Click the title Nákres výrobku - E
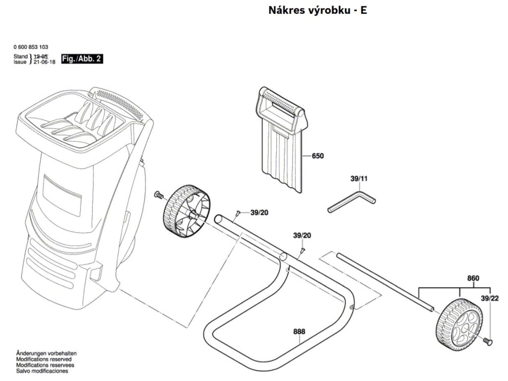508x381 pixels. tap(317, 10)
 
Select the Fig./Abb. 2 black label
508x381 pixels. tap(81, 59)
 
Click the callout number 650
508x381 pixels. tap(317, 156)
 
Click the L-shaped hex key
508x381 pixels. tap(352, 203)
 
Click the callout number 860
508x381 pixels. tap(473, 278)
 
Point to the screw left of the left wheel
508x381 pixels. tap(159, 194)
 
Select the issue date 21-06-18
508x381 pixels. tap(44, 62)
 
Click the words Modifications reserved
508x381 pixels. tap(44, 359)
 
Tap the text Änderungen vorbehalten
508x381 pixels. tap(46, 353)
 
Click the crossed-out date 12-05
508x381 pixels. tap(41, 57)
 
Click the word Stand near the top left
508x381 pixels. tap(20, 57)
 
